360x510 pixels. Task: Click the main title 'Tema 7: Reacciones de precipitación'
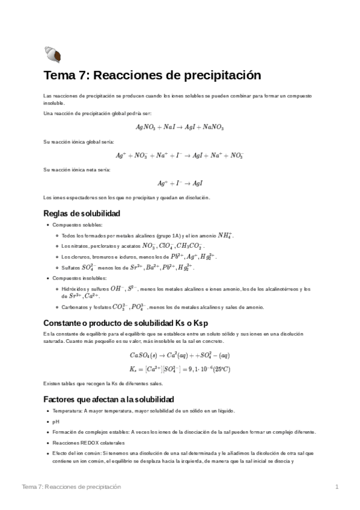[x=144, y=76]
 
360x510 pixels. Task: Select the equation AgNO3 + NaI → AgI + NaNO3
[x=180, y=127]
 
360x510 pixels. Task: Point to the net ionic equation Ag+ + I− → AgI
[x=180, y=183]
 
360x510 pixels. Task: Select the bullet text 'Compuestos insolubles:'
[x=74, y=278]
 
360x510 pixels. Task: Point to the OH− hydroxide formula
[x=128, y=289]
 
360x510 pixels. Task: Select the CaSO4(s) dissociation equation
[x=180, y=354]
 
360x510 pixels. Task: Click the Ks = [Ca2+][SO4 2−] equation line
[x=180, y=368]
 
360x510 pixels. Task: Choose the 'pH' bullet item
[x=56, y=422]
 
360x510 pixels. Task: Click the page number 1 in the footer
[x=337, y=487]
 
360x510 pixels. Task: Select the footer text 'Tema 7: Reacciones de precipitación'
[x=71, y=487]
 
